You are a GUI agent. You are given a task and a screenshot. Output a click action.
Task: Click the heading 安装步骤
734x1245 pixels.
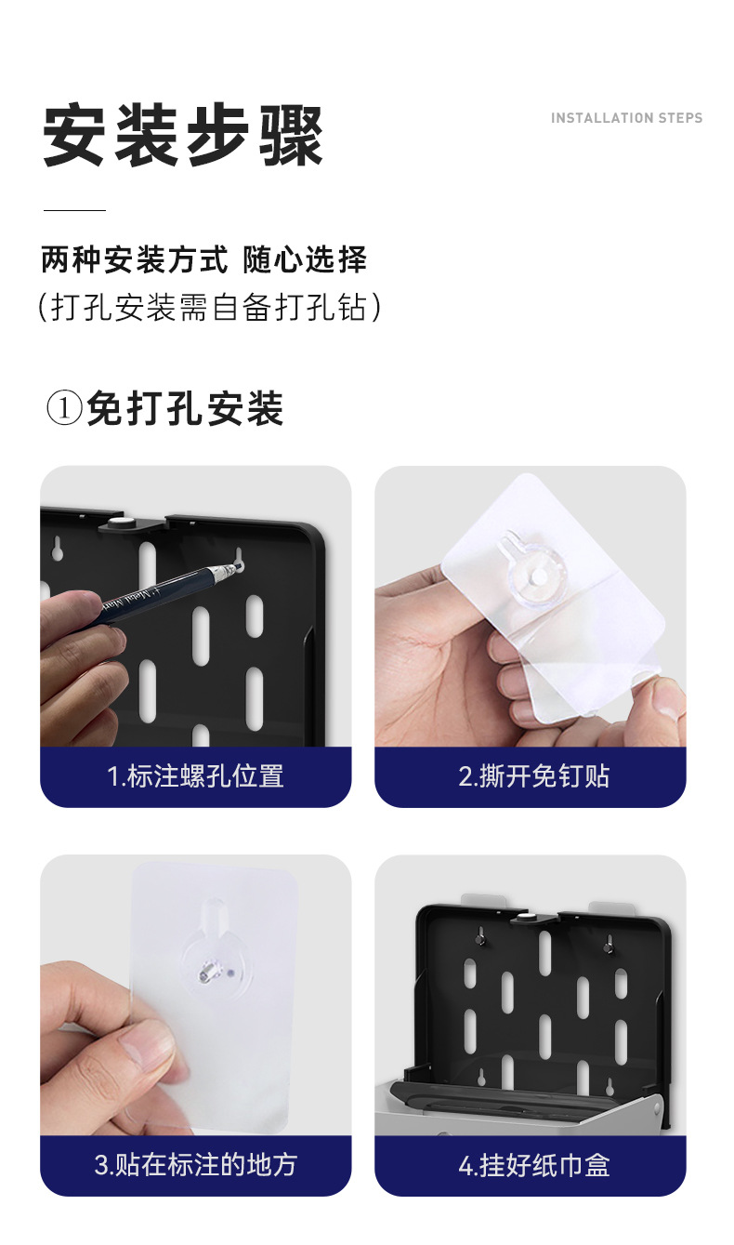(x=183, y=137)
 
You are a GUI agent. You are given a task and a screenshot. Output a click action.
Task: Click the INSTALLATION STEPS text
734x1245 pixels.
(x=626, y=118)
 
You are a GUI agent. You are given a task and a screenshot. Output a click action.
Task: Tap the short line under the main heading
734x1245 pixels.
(x=74, y=210)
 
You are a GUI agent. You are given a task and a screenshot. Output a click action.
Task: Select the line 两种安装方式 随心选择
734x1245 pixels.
(x=204, y=259)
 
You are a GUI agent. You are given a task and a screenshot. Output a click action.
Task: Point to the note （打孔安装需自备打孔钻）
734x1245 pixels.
(x=210, y=307)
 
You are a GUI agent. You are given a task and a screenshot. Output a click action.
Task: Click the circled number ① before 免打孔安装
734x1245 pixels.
(x=64, y=409)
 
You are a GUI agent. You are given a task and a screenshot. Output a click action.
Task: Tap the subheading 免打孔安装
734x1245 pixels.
(x=185, y=409)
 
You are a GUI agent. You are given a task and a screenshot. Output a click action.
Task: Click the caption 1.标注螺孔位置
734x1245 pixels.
(x=195, y=776)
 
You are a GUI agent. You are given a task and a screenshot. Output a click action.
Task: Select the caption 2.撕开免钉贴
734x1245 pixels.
(x=533, y=776)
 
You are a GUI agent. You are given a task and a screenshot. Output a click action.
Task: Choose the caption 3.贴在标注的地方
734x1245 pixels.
(x=195, y=1164)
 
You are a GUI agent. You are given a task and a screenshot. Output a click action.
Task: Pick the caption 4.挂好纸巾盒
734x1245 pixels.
(x=533, y=1164)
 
